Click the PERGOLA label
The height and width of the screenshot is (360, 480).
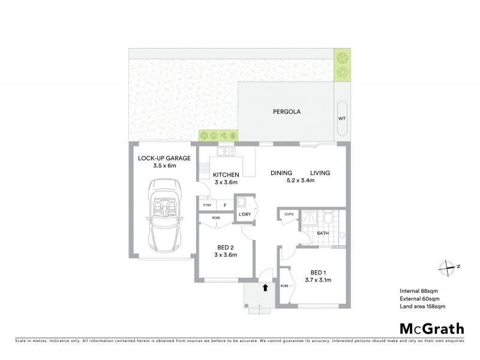pyautogui.click(x=286, y=112)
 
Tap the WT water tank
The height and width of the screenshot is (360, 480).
pyautogui.click(x=342, y=119)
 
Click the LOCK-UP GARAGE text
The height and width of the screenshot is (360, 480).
pyautogui.click(x=164, y=158)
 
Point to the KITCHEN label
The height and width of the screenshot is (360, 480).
pyautogui.click(x=226, y=174)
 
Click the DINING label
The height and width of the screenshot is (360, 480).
pyautogui.click(x=281, y=173)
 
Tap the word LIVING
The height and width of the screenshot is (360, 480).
pyautogui.click(x=320, y=173)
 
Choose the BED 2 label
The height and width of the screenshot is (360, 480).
pyautogui.click(x=226, y=247)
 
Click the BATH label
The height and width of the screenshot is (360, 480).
pyautogui.click(x=323, y=233)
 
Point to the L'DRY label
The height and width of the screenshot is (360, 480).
pyautogui.click(x=244, y=214)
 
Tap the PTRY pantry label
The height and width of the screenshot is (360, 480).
pyautogui.click(x=208, y=205)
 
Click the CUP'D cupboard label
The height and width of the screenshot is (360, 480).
pyautogui.click(x=288, y=213)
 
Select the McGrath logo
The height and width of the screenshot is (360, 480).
pyautogui.click(x=431, y=328)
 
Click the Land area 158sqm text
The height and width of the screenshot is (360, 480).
pyautogui.click(x=422, y=307)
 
